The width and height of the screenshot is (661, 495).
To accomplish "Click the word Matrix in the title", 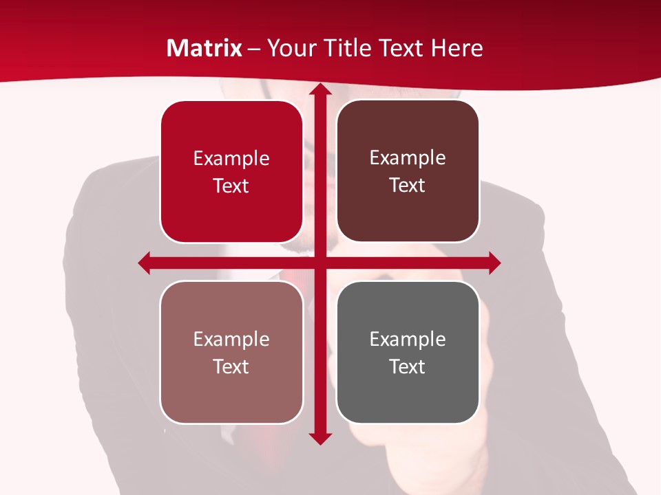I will click(204, 48).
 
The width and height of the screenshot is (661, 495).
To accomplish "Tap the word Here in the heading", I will click(457, 48).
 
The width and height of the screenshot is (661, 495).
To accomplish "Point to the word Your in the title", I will click(290, 48).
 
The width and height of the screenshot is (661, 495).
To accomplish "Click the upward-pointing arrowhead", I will click(320, 89).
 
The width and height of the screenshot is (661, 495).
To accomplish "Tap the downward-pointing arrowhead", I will click(320, 438).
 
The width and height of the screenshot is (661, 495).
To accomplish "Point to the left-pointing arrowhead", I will click(145, 263).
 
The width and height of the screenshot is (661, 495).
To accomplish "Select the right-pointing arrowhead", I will click(494, 263).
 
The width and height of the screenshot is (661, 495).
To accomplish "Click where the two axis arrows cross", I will click(320, 263).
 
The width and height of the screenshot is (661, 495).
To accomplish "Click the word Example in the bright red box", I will click(231, 159).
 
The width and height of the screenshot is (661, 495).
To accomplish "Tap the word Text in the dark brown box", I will click(408, 186).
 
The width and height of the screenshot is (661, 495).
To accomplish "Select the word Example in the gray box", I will click(408, 339).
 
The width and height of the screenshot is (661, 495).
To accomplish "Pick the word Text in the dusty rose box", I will click(231, 366).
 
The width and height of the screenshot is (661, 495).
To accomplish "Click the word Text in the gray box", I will click(408, 366).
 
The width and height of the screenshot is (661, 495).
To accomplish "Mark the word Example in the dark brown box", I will click(408, 158).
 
